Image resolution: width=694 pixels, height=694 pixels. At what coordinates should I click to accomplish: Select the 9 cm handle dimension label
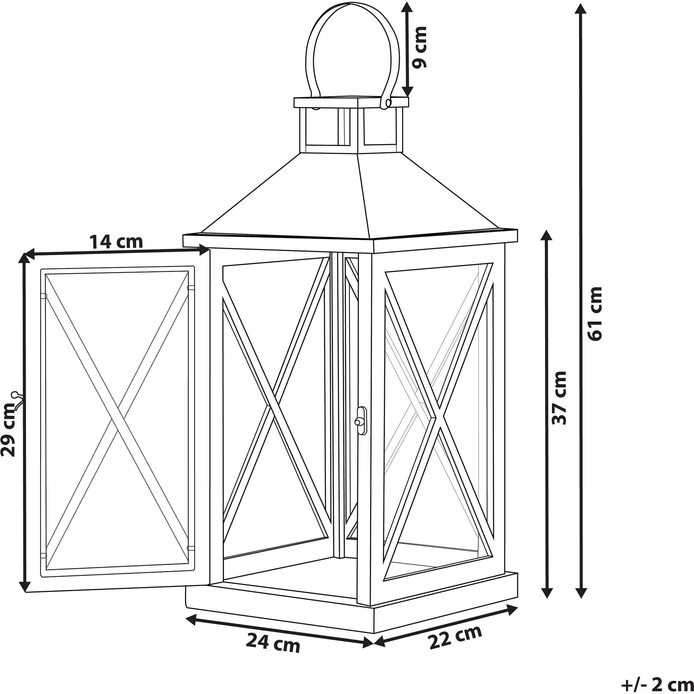420,47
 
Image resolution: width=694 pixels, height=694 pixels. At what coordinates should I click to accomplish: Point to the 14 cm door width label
116,242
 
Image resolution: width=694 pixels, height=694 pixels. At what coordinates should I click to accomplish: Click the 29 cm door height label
9,430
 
